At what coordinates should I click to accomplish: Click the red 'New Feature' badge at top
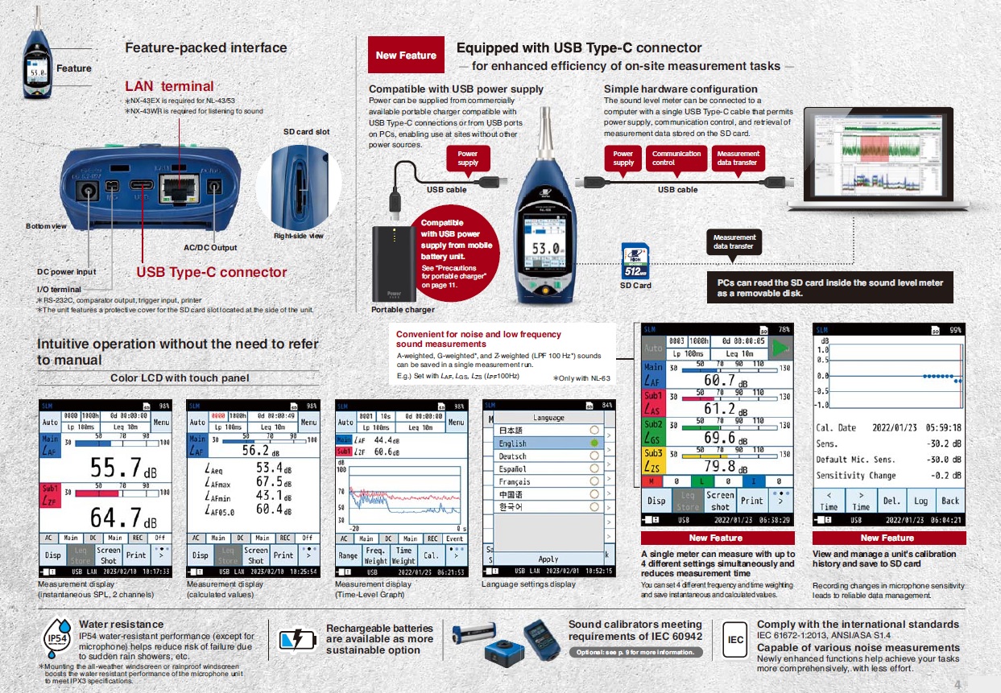coord(406,56)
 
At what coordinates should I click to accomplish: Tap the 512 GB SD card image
coord(635,260)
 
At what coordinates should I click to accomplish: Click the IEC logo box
coord(735,640)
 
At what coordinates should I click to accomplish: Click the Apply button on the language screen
coord(548,559)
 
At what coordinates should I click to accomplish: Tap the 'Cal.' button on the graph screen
coord(432,555)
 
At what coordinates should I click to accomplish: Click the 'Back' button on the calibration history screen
coord(950,501)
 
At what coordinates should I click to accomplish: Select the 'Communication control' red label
coord(676,158)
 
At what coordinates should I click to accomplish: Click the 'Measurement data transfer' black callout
coord(734,241)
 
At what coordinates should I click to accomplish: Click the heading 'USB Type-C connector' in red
coord(211,272)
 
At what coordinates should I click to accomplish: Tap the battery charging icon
coord(298,640)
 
